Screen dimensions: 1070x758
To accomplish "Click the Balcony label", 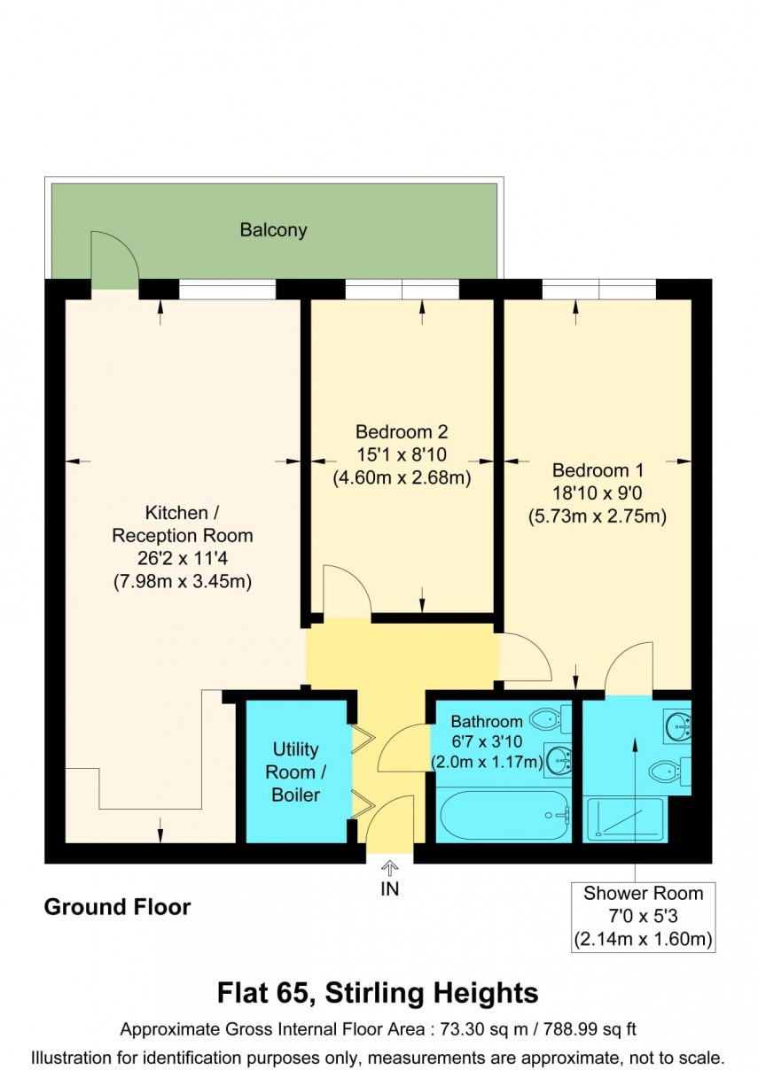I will (x=273, y=230).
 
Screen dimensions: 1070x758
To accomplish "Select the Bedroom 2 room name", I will (x=401, y=432).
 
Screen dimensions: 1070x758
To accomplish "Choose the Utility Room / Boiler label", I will (x=295, y=772).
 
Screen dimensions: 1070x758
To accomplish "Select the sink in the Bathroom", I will (x=558, y=757).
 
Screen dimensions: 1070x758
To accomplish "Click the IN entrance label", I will (x=390, y=889).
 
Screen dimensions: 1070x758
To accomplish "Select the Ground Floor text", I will (x=117, y=907).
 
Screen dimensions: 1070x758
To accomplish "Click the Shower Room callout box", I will (x=643, y=916).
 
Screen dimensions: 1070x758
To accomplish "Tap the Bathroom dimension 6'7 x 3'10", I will (x=486, y=741).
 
